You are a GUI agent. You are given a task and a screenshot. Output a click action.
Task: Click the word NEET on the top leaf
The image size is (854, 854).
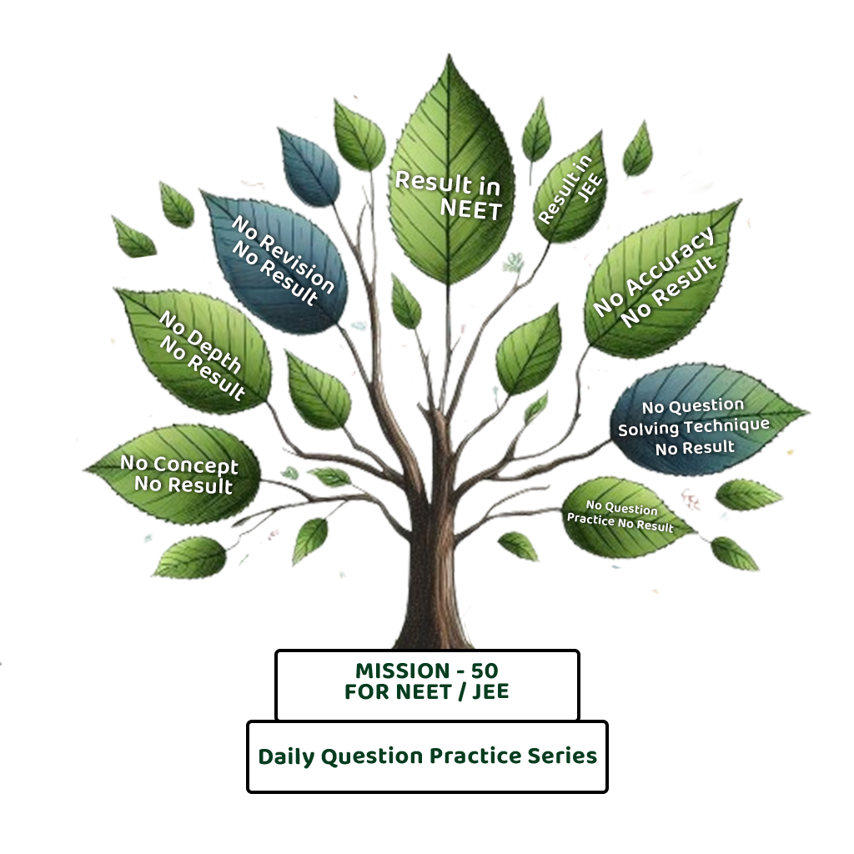point(470,208)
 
